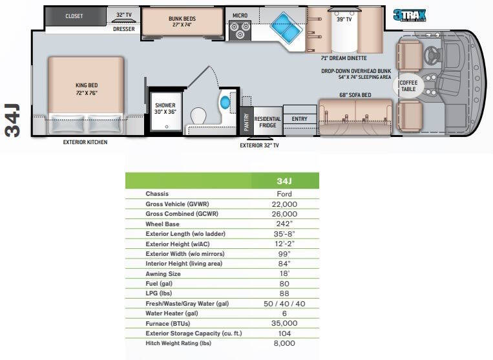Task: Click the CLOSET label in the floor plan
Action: (74, 16)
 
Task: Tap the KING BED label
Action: (85, 89)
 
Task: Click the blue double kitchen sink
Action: (282, 26)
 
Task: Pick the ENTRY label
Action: (299, 119)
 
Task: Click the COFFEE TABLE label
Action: (408, 87)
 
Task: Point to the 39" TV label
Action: (344, 19)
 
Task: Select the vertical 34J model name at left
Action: (14, 120)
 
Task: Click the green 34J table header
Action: (284, 180)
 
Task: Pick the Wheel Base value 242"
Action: (284, 224)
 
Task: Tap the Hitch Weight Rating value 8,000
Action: (284, 343)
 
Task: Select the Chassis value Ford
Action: (284, 194)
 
